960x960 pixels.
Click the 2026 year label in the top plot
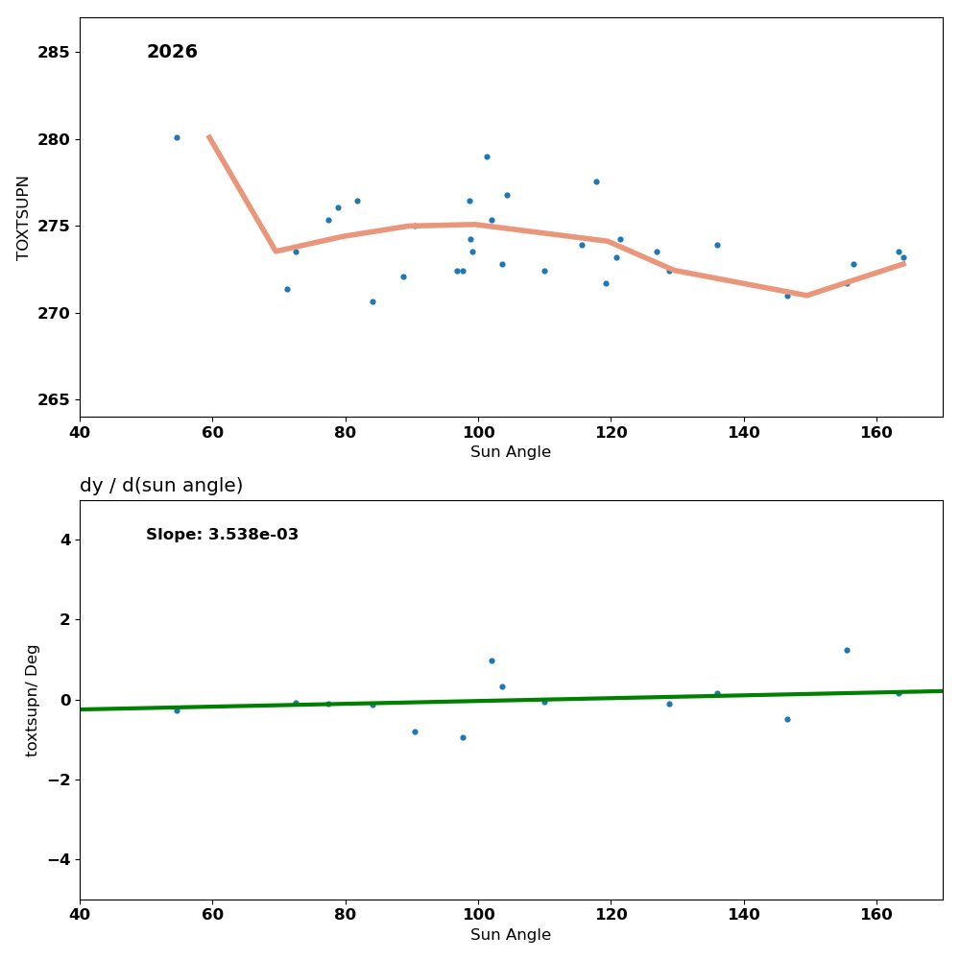pyautogui.click(x=172, y=53)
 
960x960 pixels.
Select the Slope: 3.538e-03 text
pyautogui.click(x=222, y=535)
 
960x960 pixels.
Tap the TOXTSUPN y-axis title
pyautogui.click(x=24, y=217)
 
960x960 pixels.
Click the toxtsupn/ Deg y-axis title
pyautogui.click(x=33, y=700)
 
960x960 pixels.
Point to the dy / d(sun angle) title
pyautogui.click(x=161, y=486)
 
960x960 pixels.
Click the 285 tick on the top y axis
pyautogui.click(x=54, y=52)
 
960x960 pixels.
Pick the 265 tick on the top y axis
pyautogui.click(x=54, y=400)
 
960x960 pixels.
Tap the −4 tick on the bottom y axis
pyautogui.click(x=59, y=859)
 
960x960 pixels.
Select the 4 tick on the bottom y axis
pyautogui.click(x=65, y=540)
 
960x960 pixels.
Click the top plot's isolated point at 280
pyautogui.click(x=177, y=137)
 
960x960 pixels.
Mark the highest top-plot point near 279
pyautogui.click(x=487, y=156)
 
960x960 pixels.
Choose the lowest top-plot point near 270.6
pyautogui.click(x=372, y=301)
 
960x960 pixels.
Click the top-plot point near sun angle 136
pyautogui.click(x=717, y=245)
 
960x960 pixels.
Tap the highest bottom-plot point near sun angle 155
pyautogui.click(x=847, y=650)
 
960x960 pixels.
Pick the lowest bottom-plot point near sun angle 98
pyautogui.click(x=463, y=737)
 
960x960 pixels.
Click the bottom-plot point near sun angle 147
pyautogui.click(x=787, y=719)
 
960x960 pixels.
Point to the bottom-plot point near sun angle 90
pyautogui.click(x=415, y=732)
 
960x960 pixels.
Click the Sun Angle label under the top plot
pyautogui.click(x=511, y=452)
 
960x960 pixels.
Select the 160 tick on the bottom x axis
pyautogui.click(x=876, y=914)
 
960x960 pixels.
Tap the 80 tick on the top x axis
pyautogui.click(x=345, y=431)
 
